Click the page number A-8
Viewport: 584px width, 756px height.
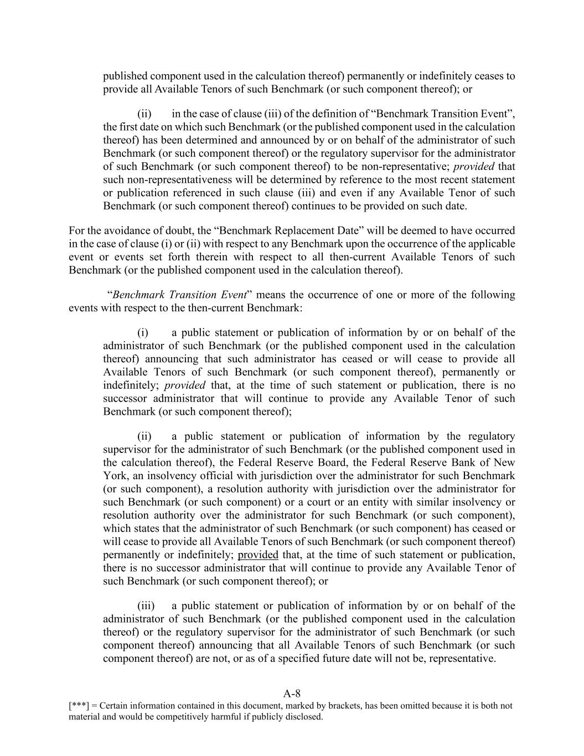[292, 693]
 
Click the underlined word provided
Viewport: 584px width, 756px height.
[258, 555]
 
